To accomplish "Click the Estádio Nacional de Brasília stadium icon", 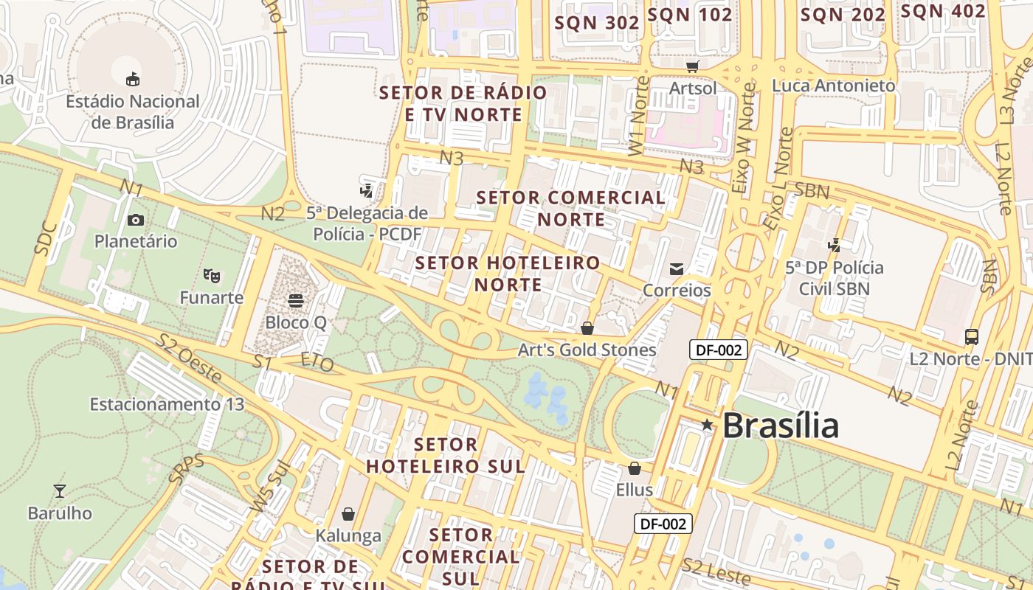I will (x=133, y=79).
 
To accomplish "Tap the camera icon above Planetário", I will (x=136, y=220).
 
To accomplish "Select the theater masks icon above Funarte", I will (x=212, y=276).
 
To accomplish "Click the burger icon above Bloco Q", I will (x=296, y=301).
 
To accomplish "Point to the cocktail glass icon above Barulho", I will (x=60, y=490).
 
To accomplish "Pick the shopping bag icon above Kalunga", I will (x=348, y=513).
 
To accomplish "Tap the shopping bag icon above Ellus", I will (x=634, y=468).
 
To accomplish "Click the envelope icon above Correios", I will (x=677, y=268).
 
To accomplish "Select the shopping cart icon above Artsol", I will (x=692, y=67).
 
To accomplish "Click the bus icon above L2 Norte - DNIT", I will (x=972, y=337).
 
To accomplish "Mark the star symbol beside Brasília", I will (x=707, y=425).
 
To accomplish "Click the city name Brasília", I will (x=781, y=426).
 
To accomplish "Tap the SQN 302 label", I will (x=597, y=23).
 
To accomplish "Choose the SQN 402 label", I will (x=943, y=11).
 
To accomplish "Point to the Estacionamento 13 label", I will (x=167, y=404).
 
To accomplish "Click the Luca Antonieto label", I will (x=834, y=86).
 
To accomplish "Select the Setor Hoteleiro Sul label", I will (x=446, y=455).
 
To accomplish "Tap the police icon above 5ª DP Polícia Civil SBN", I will (x=835, y=245).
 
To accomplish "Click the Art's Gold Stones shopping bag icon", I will (x=587, y=327).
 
